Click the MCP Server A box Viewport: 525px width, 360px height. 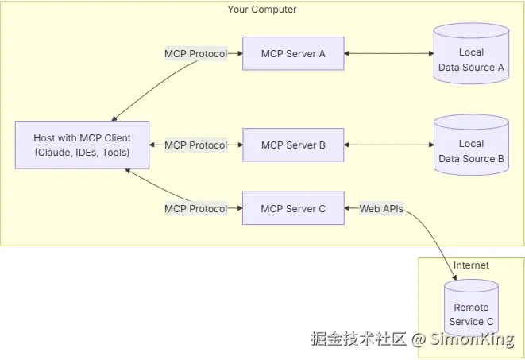293,54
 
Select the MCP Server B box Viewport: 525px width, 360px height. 293,145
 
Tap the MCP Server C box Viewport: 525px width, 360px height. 293,209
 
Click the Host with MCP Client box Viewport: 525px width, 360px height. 82,145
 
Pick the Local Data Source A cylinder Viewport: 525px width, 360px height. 471,53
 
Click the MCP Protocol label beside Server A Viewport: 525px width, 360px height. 195,54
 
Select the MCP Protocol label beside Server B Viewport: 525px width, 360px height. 195,145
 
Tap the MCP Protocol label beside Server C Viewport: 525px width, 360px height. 195,209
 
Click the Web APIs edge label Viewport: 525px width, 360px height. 380,209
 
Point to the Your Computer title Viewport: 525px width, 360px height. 262,10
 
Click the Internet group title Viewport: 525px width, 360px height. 471,265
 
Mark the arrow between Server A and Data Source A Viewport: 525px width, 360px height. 388,54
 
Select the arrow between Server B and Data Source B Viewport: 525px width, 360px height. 388,145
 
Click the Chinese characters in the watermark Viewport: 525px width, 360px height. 357,339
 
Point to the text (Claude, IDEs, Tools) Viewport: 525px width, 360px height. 82,152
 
